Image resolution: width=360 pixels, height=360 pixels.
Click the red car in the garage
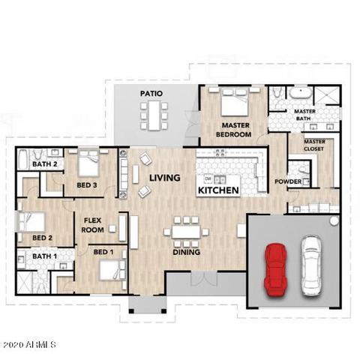pos(275,270)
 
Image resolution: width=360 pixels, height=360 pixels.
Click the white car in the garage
pos(310,265)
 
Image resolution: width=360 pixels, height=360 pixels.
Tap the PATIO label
pos(151,94)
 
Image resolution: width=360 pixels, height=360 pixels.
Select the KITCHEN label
pos(218,190)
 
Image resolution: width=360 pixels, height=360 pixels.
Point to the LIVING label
pos(165,178)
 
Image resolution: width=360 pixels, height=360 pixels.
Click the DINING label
pos(187,252)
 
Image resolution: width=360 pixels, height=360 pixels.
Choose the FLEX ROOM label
pos(93,225)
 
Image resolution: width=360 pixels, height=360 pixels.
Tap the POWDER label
pos(288,181)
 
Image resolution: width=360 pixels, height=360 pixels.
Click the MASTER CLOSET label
pos(314,145)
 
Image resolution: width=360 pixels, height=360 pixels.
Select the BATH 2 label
pos(45,164)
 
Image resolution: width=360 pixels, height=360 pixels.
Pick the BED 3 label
pos(87,185)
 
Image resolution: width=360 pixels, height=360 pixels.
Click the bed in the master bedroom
pos(235,102)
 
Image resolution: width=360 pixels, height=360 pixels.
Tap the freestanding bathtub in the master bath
pos(301,93)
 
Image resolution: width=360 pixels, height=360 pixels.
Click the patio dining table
pos(154,115)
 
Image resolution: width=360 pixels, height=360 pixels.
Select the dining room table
pos(186,232)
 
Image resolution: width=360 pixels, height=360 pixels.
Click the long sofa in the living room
pos(122,174)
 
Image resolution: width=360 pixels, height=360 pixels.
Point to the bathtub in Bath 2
pos(22,159)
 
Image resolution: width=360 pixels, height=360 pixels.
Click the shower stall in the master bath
pos(327,95)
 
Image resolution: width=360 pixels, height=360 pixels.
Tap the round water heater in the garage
pos(334,220)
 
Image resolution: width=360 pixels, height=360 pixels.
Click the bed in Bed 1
pos(109,270)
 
